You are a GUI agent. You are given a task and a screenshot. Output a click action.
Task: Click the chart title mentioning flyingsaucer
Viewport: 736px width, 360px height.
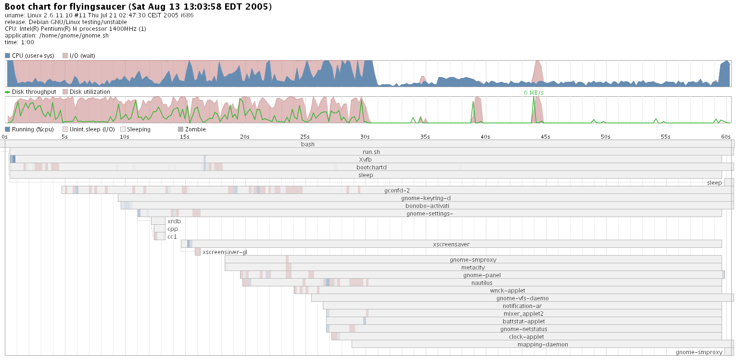point(139,7)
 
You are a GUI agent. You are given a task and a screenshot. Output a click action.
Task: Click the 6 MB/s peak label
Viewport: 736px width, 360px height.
point(533,92)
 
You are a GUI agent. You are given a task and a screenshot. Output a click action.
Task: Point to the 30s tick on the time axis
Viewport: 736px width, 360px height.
point(365,137)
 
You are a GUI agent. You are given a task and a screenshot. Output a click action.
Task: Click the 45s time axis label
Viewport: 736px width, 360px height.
point(546,137)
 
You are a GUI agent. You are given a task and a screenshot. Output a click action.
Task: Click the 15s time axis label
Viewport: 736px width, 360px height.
point(185,137)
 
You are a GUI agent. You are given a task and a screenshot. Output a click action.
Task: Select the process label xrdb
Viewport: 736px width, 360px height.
point(174,221)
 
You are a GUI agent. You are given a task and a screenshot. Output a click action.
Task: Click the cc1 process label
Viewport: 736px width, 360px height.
point(172,237)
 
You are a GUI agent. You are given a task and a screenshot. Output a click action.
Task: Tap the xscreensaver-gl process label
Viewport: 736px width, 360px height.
point(225,252)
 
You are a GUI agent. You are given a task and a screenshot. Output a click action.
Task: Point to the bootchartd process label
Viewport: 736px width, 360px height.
point(371,167)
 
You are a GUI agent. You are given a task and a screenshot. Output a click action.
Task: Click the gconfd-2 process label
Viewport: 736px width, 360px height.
point(397,191)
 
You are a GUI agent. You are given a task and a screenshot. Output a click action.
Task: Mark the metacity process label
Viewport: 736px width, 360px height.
point(473,268)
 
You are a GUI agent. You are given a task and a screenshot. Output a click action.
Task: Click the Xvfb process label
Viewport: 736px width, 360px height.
point(365,160)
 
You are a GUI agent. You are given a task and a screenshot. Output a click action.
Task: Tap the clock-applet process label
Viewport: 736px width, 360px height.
point(526,337)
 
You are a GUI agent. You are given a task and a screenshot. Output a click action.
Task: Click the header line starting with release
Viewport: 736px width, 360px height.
point(66,22)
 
